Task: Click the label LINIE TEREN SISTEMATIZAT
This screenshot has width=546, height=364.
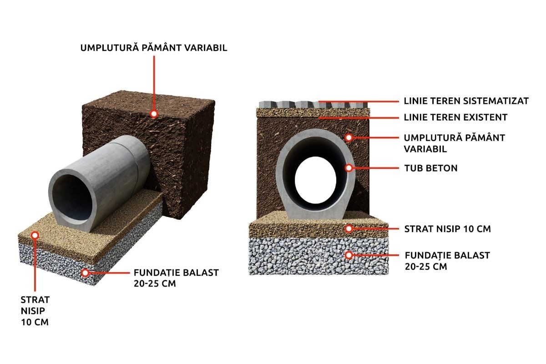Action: tap(466, 101)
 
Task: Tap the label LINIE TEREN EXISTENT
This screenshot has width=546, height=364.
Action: tap(455, 117)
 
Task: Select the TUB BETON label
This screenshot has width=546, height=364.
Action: tap(431, 168)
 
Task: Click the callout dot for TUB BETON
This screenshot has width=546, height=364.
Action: tap(349, 168)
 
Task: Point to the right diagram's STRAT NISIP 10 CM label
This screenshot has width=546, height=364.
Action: tap(448, 229)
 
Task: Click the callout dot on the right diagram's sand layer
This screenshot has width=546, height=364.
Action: tap(349, 229)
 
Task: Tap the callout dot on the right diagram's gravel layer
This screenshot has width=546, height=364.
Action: tap(349, 255)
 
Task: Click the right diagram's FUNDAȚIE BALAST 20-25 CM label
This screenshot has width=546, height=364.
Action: tap(447, 261)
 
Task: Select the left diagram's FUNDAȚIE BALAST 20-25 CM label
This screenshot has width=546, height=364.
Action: tap(176, 278)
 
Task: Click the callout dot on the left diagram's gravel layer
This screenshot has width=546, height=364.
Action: tap(85, 273)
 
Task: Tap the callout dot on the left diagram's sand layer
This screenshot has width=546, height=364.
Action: tap(35, 235)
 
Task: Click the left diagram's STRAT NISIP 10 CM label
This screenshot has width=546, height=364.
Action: tap(35, 311)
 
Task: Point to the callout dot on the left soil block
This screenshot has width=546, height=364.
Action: tap(154, 114)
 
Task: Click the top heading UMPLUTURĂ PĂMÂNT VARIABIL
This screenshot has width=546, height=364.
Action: tap(154, 48)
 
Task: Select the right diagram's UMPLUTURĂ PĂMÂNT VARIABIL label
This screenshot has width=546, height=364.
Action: tap(455, 143)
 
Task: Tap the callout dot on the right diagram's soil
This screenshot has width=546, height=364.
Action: tap(349, 137)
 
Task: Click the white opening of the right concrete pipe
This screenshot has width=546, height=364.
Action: tap(315, 180)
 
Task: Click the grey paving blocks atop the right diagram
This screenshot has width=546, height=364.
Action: tap(313, 105)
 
